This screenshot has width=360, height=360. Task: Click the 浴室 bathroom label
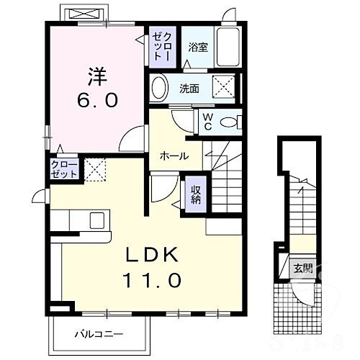pos(199,47)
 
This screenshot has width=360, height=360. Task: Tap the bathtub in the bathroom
pos(228,49)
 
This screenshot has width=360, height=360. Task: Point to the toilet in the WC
pos(228,122)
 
